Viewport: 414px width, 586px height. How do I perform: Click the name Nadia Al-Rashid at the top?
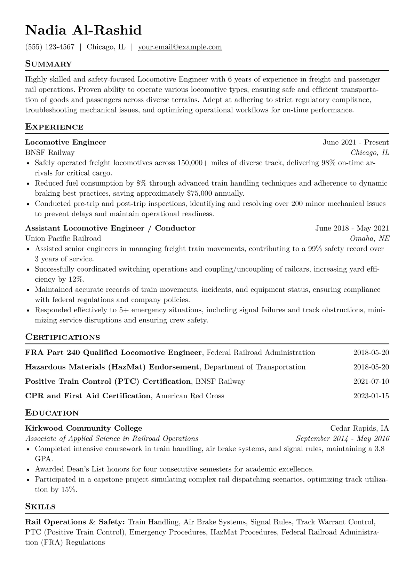83,30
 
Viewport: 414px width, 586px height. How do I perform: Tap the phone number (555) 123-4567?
50,47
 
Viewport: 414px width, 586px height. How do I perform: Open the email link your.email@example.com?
180,47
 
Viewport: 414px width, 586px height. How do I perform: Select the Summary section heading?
48,64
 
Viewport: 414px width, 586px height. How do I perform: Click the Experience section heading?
54,127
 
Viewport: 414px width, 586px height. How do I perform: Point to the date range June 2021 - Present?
356,142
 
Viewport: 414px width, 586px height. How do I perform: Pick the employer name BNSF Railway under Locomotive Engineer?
50,153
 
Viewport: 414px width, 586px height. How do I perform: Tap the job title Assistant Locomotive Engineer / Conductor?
110,228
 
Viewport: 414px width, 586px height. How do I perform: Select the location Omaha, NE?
369,239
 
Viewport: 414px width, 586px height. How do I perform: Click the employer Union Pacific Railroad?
63,239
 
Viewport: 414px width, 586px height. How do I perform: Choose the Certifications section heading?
63,337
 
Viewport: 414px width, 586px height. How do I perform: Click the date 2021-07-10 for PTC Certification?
371,382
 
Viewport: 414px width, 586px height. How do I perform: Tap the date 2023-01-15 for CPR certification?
371,396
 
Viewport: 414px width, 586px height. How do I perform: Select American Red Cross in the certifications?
190,396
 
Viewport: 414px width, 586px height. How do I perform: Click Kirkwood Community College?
83,428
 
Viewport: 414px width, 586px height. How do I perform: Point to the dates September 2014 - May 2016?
343,439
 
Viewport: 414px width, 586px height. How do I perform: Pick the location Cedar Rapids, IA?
359,428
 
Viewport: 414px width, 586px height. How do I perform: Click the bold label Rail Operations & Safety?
75,522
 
